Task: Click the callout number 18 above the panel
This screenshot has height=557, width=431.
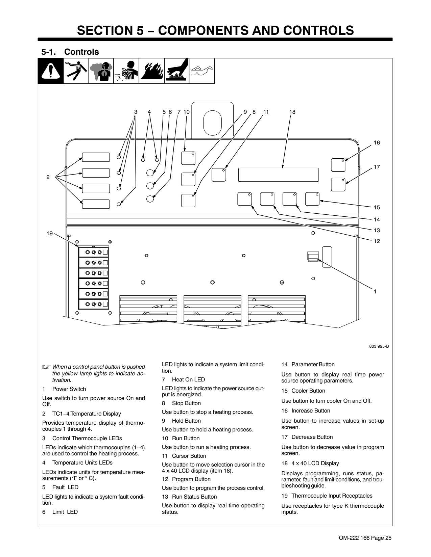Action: point(292,112)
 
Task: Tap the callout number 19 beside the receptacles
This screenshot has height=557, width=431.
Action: point(50,233)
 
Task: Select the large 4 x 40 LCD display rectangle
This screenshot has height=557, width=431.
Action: point(278,175)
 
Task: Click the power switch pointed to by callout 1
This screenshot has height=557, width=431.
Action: point(313,256)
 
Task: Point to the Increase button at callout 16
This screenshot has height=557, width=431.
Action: point(338,165)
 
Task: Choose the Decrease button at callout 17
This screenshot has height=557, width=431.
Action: point(338,185)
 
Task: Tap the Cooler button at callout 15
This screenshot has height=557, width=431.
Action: point(312,199)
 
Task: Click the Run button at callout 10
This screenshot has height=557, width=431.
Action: point(188,158)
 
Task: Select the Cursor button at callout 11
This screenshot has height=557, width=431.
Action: point(219,175)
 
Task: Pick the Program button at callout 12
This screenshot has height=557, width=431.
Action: point(244,199)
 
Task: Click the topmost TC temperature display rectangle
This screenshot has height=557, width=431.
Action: point(96,157)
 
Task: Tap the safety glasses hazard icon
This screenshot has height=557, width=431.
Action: point(201,71)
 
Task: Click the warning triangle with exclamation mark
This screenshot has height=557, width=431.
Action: point(51,71)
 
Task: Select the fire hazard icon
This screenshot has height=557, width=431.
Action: point(151,71)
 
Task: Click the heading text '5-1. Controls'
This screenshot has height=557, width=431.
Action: point(70,52)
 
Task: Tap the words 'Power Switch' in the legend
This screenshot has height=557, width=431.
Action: point(69,389)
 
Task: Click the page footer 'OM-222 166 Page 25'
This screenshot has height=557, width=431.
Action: point(365,538)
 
